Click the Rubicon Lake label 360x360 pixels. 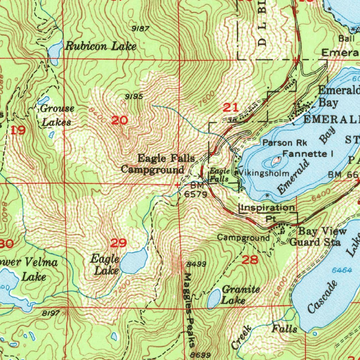point(101,46)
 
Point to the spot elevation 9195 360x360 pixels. point(134,96)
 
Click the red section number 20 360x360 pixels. point(120,121)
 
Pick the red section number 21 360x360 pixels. point(231,108)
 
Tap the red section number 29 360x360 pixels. point(118,243)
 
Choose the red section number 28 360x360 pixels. point(250,260)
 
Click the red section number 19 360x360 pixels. point(18,131)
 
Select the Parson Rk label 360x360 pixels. point(285,143)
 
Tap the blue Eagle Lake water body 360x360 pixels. point(134,261)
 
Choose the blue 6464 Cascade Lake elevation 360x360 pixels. point(342,270)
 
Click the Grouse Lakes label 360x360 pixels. point(57,115)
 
